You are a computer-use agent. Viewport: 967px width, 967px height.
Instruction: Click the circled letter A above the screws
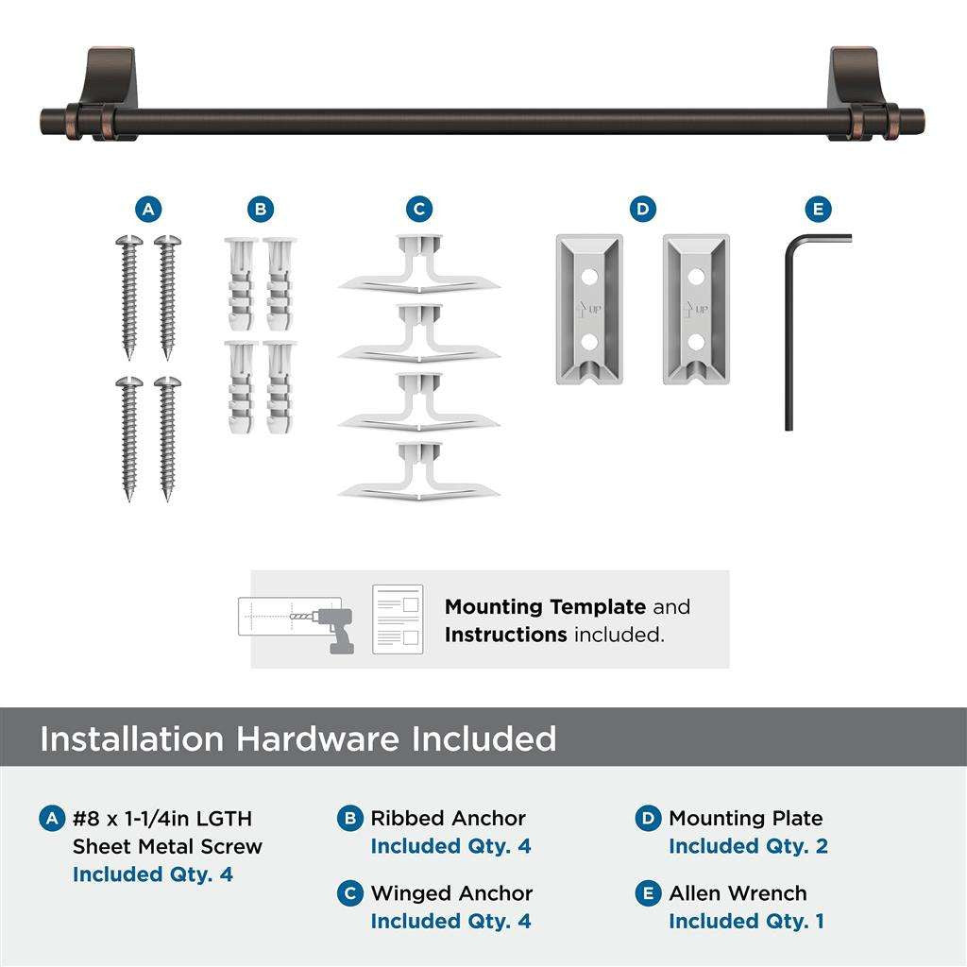point(148,209)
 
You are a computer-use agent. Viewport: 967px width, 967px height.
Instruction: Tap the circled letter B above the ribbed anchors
point(261,209)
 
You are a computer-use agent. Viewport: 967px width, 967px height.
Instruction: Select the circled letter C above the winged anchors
point(419,209)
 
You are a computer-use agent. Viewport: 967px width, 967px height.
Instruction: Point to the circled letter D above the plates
point(643,209)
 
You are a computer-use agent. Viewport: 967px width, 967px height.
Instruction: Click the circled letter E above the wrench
point(818,209)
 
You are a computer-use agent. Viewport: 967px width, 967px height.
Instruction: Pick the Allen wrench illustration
point(793,321)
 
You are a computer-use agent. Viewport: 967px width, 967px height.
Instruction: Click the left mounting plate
point(588,310)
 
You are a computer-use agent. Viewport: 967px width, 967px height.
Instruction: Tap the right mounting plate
point(696,310)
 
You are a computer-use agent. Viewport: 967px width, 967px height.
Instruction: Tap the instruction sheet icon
point(397,619)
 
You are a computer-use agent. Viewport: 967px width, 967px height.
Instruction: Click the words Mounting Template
point(545,607)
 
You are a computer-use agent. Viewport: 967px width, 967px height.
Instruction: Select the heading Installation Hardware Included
point(298,738)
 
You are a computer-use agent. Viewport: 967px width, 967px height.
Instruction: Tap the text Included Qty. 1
point(746,921)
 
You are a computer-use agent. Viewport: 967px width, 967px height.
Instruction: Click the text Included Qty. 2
point(748,846)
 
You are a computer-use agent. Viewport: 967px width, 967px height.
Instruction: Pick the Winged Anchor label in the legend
point(451,893)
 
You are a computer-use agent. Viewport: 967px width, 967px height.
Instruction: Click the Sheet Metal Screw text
point(167,846)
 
